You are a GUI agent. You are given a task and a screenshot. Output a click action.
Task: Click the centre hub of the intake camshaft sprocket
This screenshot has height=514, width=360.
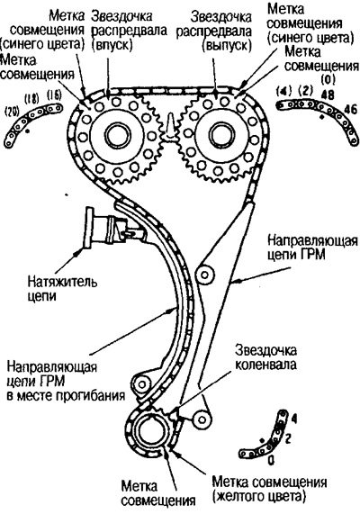[117, 139]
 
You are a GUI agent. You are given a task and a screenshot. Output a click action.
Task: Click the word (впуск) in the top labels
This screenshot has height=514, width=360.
[113, 44]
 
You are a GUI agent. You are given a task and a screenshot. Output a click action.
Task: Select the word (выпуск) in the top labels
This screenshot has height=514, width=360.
[227, 45]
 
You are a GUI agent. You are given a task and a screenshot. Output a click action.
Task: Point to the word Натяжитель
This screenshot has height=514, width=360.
[62, 282]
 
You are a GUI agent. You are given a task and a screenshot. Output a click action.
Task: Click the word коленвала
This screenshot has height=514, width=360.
[266, 365]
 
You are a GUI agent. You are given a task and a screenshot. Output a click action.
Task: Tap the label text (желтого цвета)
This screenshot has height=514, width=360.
[259, 496]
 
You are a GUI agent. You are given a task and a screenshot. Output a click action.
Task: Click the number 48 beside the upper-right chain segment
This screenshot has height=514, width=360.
[328, 95]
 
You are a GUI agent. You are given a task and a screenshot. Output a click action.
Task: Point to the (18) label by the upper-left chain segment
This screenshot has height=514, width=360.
[31, 98]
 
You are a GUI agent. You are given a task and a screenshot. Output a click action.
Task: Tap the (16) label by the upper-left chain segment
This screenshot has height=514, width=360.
[54, 95]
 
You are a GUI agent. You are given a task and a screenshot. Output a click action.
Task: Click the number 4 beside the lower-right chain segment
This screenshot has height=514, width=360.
[294, 419]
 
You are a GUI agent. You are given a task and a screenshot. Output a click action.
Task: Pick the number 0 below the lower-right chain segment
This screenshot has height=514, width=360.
[271, 461]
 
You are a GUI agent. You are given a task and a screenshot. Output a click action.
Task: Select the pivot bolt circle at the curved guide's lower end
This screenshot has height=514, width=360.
[141, 383]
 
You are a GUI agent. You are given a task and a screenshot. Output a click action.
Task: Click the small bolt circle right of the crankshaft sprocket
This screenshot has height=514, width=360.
[202, 419]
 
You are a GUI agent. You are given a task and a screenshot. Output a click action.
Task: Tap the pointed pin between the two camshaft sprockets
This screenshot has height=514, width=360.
[170, 125]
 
